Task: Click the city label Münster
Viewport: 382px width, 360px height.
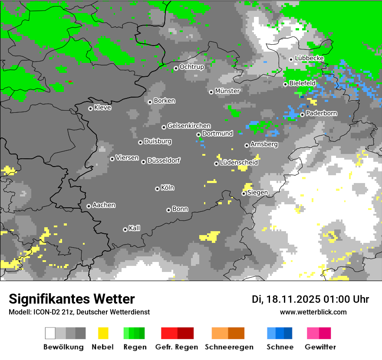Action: point(227,91)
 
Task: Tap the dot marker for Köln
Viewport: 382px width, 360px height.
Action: point(157,189)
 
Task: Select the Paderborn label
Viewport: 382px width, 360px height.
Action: point(322,114)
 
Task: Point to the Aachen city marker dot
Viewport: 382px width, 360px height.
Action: point(89,206)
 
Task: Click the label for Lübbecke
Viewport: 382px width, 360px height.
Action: point(310,59)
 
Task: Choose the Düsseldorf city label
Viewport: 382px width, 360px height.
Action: point(164,161)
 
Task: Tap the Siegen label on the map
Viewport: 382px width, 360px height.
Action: point(258,193)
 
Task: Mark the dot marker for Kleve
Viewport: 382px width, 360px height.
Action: point(90,108)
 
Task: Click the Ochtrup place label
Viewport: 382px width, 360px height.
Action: point(192,67)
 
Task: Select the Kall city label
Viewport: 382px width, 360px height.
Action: point(135,228)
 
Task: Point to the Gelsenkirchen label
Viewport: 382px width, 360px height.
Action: point(189,126)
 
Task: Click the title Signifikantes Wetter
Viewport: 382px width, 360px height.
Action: point(72,299)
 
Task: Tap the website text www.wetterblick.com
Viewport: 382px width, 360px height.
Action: point(313,312)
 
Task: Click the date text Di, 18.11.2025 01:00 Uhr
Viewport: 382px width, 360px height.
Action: point(310,299)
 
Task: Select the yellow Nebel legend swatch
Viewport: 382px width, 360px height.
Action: point(103,333)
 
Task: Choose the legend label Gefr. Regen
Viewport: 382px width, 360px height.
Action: point(177,347)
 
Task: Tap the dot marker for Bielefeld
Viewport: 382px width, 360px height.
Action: point(285,84)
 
